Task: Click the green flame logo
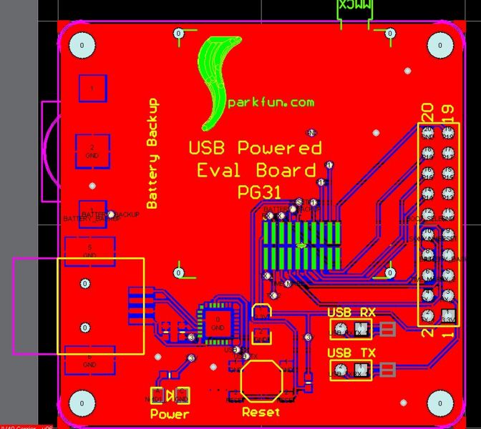pyautogui.click(x=218, y=79)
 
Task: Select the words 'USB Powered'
pyautogui.click(x=255, y=148)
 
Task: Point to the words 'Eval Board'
pyautogui.click(x=256, y=170)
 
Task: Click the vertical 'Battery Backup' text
pyautogui.click(x=152, y=153)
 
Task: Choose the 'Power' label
pyautogui.click(x=170, y=414)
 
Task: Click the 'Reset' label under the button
pyautogui.click(x=261, y=412)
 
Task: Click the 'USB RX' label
pyautogui.click(x=350, y=312)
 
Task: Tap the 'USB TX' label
pyautogui.click(x=351, y=353)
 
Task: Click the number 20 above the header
pyautogui.click(x=427, y=112)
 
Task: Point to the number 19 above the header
pyautogui.click(x=449, y=112)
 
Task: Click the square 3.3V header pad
pyautogui.click(x=448, y=315)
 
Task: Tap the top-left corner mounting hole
pyautogui.click(x=82, y=46)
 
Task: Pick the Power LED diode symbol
pyautogui.click(x=170, y=395)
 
